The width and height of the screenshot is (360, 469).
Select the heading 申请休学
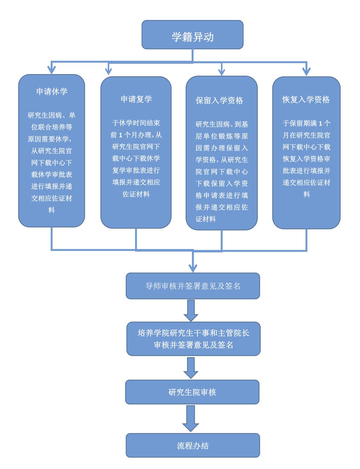pyautogui.click(x=52, y=91)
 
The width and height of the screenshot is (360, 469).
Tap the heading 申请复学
pyautogui.click(x=136, y=99)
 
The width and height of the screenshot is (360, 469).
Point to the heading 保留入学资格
pyautogui.click(x=219, y=101)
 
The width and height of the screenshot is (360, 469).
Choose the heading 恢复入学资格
pyautogui.click(x=306, y=100)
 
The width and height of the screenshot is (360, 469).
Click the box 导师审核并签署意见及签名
pyautogui.click(x=193, y=286)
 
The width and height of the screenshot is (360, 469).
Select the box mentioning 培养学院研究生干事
pyautogui.click(x=193, y=338)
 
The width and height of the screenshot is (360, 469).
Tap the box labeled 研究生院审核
pyautogui.click(x=192, y=392)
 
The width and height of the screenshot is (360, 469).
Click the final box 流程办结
pyautogui.click(x=193, y=446)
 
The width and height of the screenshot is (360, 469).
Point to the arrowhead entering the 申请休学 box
pyautogui.click(x=52, y=70)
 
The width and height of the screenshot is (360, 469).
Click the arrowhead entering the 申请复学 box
pyautogui.click(x=109, y=71)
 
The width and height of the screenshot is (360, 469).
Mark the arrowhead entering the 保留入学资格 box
pyautogui.click(x=221, y=71)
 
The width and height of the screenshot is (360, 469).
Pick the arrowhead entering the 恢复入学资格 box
pyautogui.click(x=307, y=71)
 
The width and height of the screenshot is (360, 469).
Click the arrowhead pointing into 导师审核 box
pyautogui.click(x=193, y=267)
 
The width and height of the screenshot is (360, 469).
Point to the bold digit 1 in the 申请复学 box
pyautogui.click(x=121, y=135)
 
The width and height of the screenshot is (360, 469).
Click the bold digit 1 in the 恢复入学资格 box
pyautogui.click(x=320, y=123)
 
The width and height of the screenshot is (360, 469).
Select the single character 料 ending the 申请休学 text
pyautogui.click(x=52, y=210)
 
